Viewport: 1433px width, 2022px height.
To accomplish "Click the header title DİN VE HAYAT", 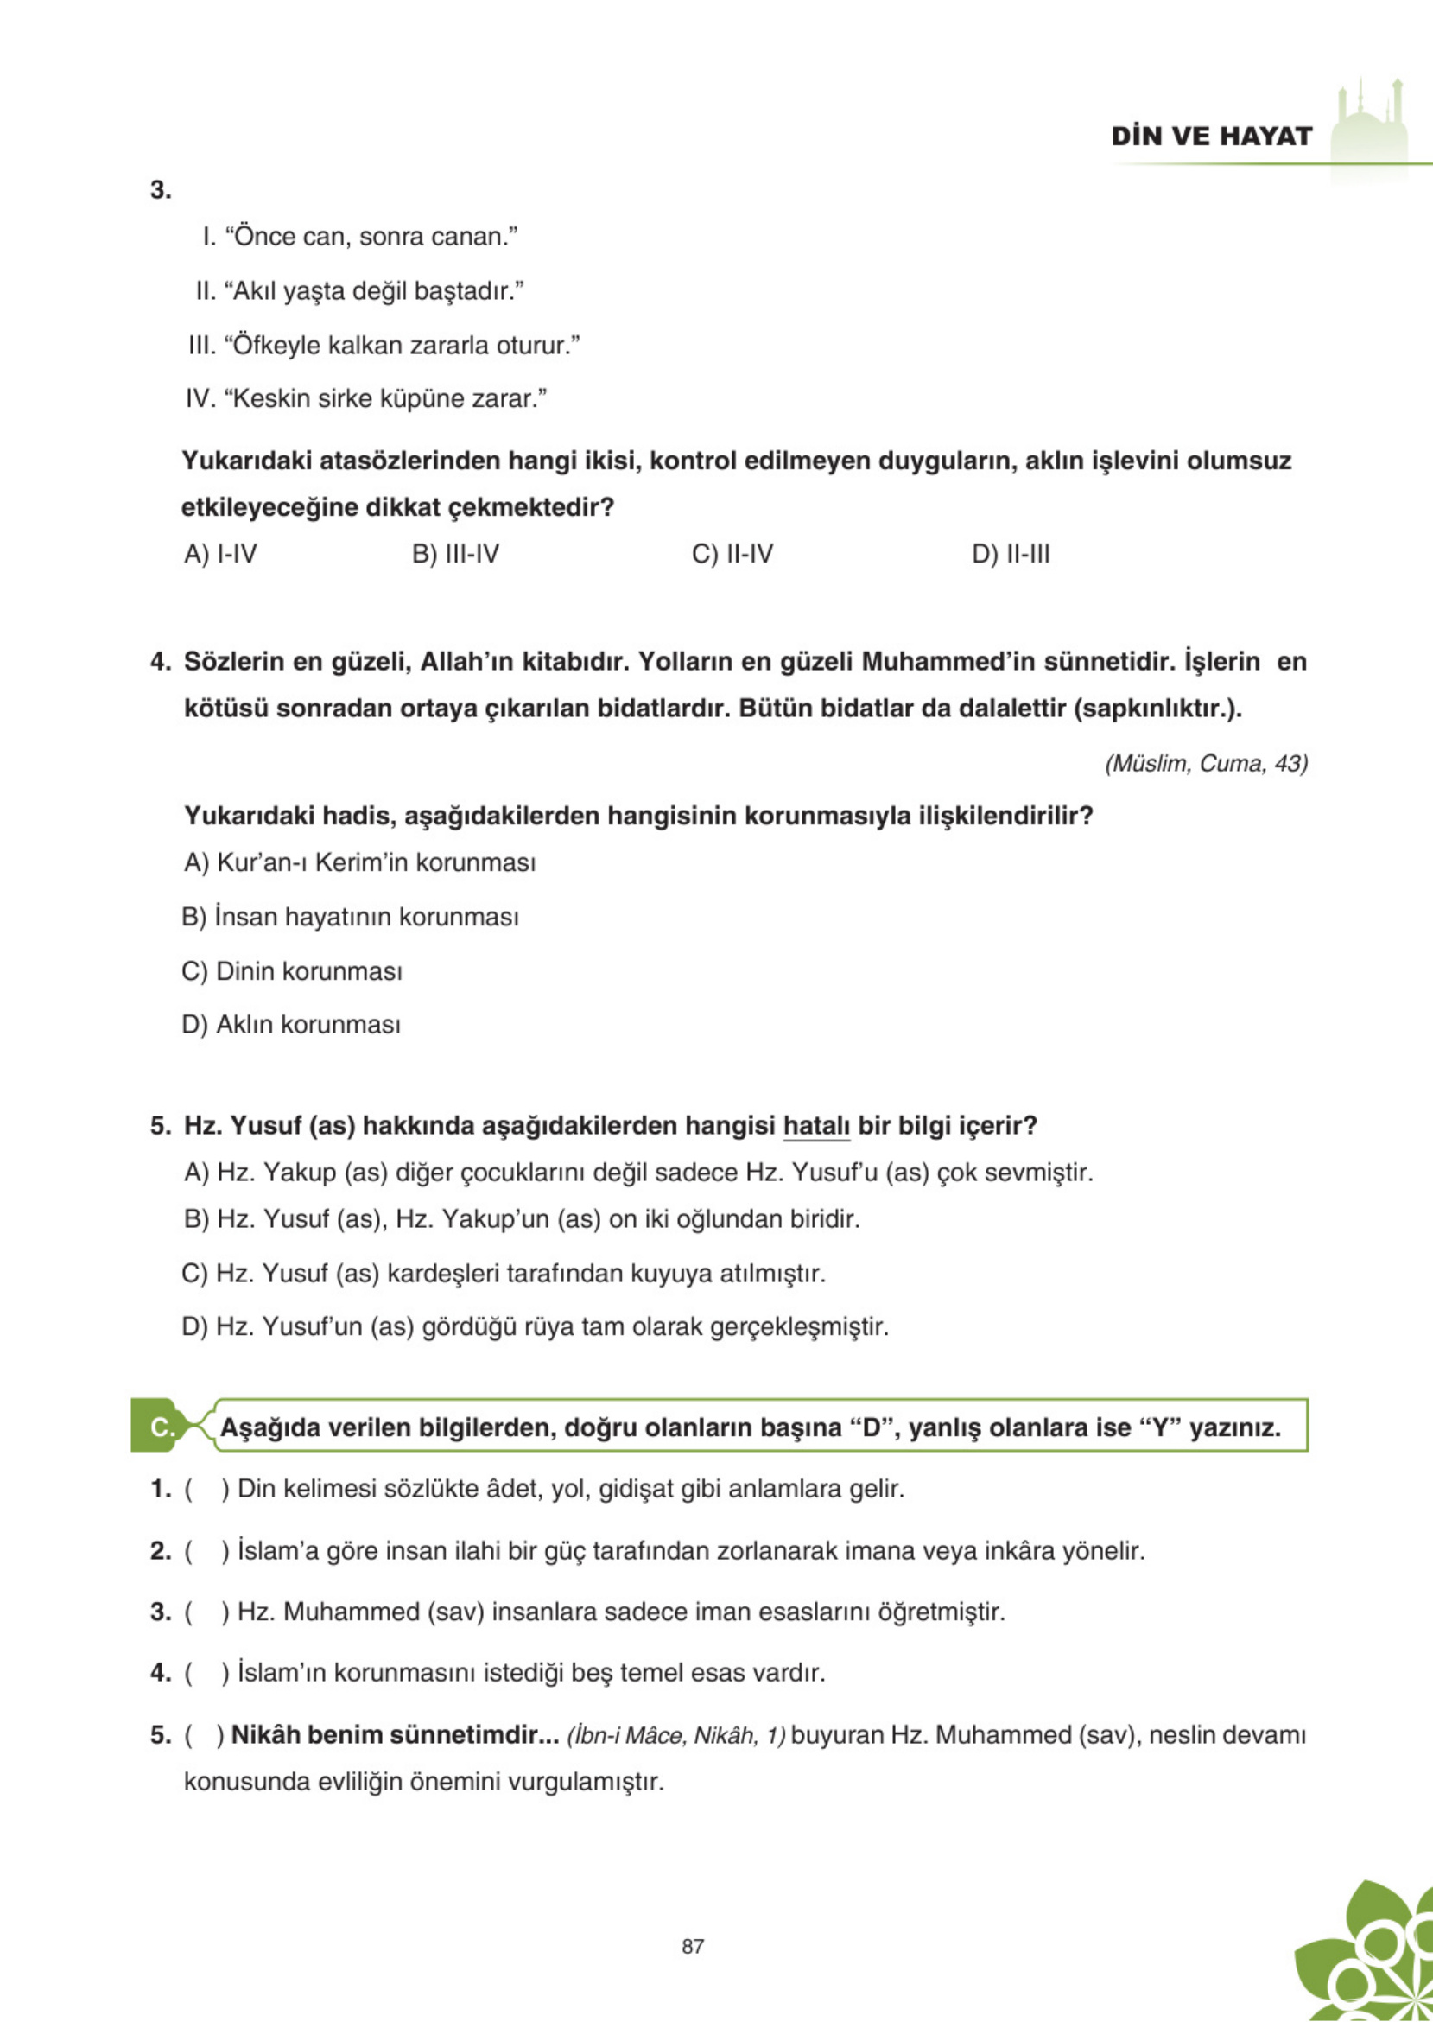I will point(1211,136).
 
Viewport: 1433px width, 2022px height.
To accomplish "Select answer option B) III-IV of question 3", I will point(455,554).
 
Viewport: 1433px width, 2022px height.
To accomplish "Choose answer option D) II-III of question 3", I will point(1011,554).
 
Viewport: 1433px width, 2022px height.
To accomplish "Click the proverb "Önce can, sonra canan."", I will point(360,237).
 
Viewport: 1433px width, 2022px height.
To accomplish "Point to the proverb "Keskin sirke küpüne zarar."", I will point(366,399).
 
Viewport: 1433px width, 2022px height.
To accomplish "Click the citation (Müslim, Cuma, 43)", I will point(1205,764).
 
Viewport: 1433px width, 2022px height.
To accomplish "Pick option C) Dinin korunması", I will point(291,971).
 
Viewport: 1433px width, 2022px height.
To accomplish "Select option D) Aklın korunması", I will point(290,1025).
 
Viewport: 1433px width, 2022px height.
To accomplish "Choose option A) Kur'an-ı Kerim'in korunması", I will point(359,862).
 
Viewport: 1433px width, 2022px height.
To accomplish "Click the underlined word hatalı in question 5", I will point(816,1126).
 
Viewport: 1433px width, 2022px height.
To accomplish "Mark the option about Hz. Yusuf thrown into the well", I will point(503,1274).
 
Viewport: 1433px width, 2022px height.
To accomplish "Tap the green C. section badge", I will point(159,1427).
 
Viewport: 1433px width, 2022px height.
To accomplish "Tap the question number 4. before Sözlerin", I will point(161,662).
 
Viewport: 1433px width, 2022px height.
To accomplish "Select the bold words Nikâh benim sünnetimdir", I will point(394,1735).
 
